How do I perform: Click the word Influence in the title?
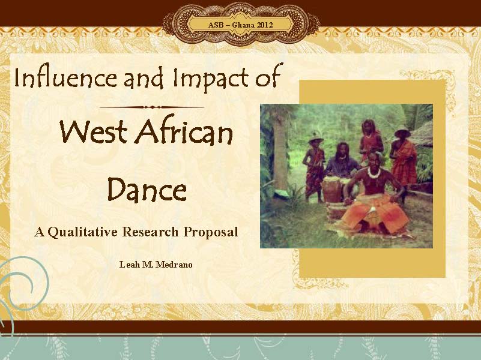(65, 78)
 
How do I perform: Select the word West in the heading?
(93, 132)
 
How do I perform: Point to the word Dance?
(147, 189)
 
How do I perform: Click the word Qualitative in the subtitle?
(82, 232)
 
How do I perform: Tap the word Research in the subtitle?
(150, 232)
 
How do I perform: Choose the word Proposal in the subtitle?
(211, 232)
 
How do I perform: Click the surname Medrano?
(174, 265)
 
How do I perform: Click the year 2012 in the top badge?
(265, 25)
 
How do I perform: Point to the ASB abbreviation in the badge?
(216, 25)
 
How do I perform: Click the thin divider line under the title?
(152, 107)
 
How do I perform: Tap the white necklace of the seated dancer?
(374, 173)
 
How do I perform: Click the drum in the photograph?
(332, 190)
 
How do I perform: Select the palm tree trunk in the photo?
(280, 153)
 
